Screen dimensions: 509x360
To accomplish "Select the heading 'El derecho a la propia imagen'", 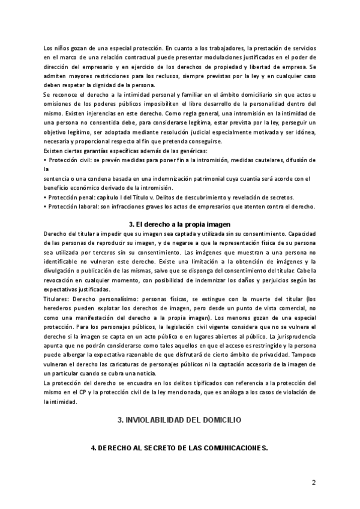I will [x=180, y=224].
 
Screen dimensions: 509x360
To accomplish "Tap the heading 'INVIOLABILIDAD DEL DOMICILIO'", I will [x=179, y=420].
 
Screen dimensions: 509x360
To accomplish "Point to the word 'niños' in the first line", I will [x=63, y=47].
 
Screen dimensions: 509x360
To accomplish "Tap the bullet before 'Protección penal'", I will [x=46, y=197].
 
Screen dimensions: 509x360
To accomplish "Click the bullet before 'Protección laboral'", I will [x=46, y=207].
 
